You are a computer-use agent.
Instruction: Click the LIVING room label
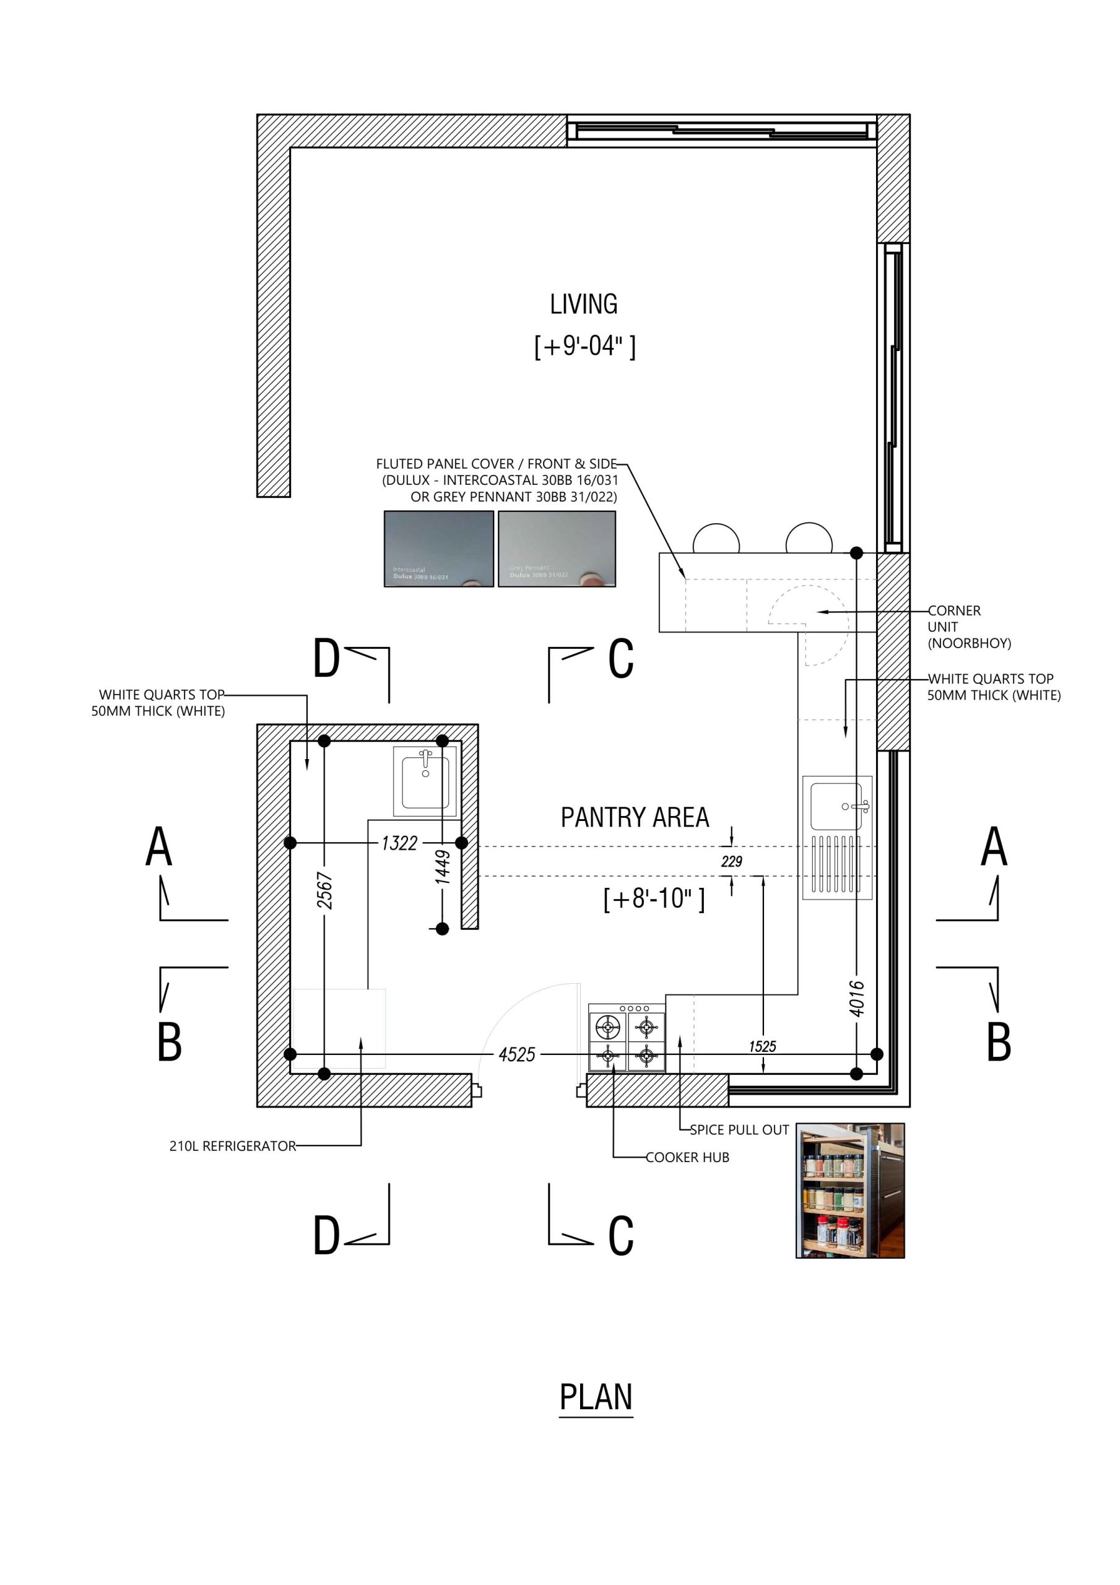pos(583,305)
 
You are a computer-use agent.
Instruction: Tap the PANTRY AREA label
pos(635,817)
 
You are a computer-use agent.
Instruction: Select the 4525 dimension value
pos(517,1054)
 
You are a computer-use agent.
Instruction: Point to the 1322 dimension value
pos(399,843)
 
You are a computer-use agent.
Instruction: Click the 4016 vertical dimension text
pos(856,998)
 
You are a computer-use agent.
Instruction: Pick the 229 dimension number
pos(731,861)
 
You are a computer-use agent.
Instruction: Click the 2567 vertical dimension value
pos(324,890)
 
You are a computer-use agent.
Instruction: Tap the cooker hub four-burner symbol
pos(627,1038)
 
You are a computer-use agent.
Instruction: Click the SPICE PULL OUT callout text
pos(739,1129)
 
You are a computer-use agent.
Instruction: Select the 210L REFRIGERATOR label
pos(233,1146)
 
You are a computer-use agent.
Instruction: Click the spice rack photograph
pos(850,1190)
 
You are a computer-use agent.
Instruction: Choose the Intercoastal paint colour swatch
pos(438,549)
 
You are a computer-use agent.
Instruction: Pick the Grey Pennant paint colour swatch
pos(557,549)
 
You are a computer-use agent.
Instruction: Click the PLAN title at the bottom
pos(596,1397)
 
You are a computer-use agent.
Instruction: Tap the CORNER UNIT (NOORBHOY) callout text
pos(968,627)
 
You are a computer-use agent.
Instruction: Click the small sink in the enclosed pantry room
pos(425,781)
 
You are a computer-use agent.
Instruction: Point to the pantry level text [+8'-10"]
pos(654,898)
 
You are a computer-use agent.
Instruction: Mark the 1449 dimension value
pos(443,867)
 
